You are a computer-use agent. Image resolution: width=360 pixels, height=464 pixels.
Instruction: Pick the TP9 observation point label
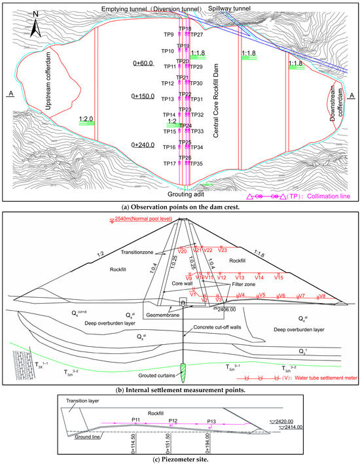click(x=168, y=34)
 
